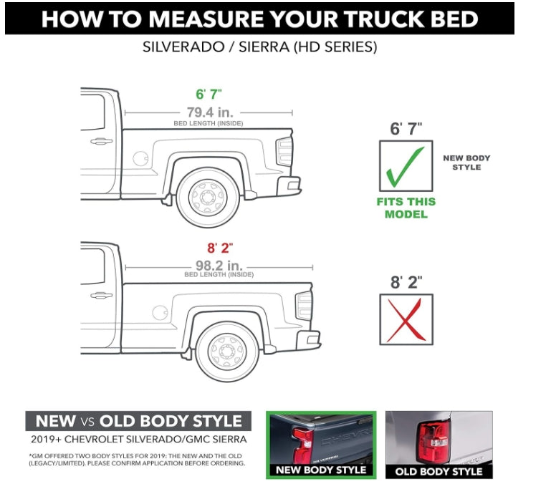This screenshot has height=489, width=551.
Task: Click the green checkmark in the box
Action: (x=405, y=166)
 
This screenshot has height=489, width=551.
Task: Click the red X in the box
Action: (x=406, y=320)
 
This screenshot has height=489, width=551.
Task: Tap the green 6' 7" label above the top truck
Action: (x=209, y=95)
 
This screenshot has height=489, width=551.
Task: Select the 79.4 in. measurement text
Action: (x=209, y=112)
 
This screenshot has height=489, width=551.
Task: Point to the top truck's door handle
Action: (x=101, y=141)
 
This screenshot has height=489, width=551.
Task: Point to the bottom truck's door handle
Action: (x=101, y=295)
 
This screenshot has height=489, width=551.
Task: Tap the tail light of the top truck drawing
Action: (x=285, y=151)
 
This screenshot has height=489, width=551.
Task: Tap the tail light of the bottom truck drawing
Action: (x=305, y=306)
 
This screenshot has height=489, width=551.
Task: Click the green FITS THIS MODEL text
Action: (x=406, y=208)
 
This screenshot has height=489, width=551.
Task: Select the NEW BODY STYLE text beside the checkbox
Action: (x=466, y=163)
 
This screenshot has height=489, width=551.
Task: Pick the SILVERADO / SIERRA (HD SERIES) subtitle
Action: (x=260, y=48)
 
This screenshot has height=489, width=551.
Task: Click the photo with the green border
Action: (x=320, y=444)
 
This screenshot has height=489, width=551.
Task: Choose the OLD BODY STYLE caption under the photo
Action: (x=439, y=471)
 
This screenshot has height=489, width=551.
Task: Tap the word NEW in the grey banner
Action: (x=55, y=421)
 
